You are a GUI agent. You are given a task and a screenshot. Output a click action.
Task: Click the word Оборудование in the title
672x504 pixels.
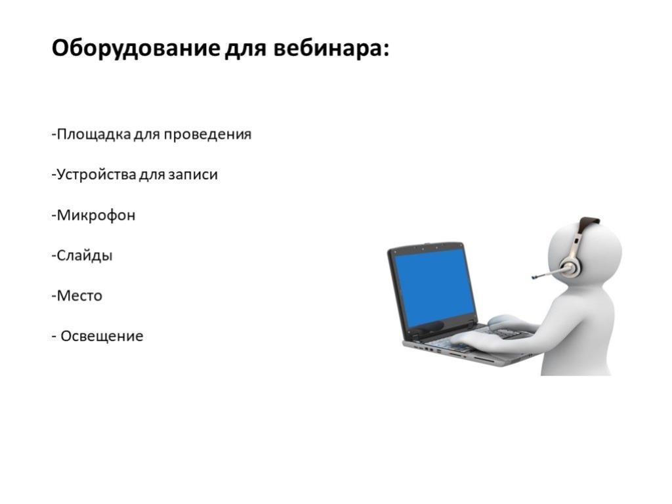pyautogui.click(x=136, y=48)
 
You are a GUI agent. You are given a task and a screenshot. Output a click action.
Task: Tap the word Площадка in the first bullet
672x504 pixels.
pyautogui.click(x=94, y=135)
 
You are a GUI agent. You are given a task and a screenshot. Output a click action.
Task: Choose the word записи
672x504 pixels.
pyautogui.click(x=193, y=175)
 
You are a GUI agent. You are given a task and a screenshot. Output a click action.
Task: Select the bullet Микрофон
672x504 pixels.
pyautogui.click(x=93, y=215)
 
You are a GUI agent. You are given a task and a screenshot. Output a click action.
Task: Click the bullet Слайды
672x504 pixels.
pyautogui.click(x=82, y=255)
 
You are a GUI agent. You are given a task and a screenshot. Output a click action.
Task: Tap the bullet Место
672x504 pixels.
pyautogui.click(x=77, y=296)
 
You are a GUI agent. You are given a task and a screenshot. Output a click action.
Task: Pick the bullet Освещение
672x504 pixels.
pyautogui.click(x=98, y=336)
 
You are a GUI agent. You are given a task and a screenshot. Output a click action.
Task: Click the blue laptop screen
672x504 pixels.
pyautogui.click(x=434, y=288)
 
